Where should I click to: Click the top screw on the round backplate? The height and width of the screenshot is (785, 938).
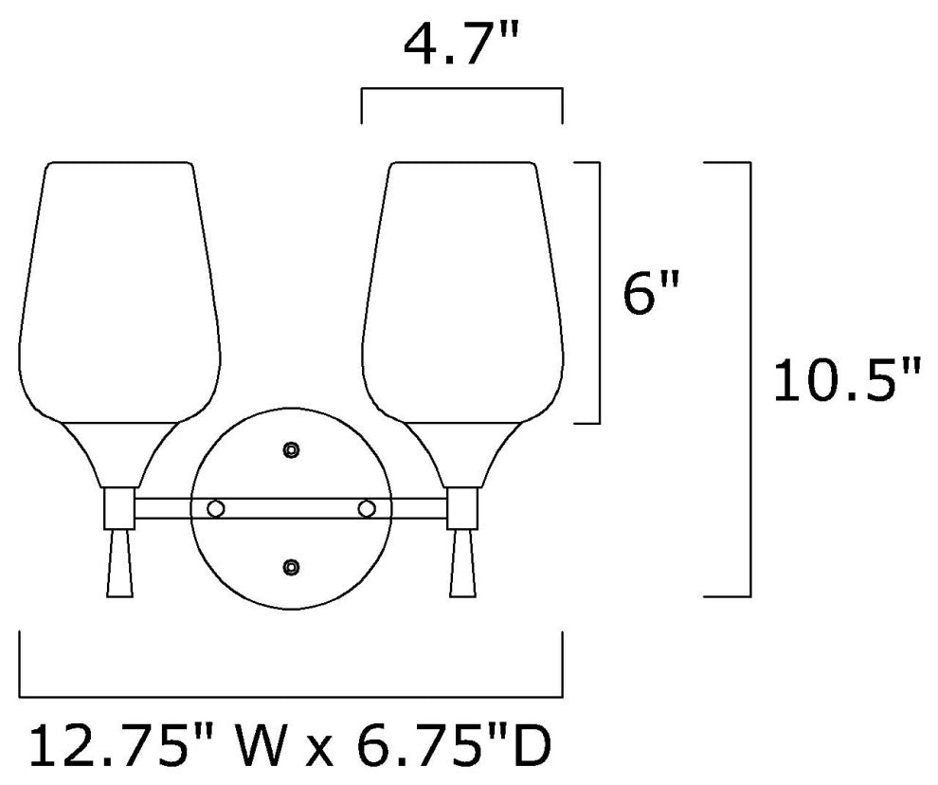pyautogui.click(x=291, y=449)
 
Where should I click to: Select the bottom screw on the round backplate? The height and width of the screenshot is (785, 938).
pyautogui.click(x=291, y=566)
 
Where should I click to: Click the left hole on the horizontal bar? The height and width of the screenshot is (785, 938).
pyautogui.click(x=215, y=508)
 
